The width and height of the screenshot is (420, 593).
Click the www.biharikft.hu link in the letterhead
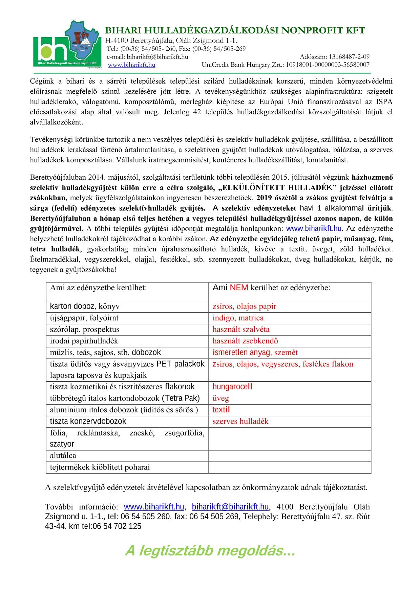[x=131, y=65]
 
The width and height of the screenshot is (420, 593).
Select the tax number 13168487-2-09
[x=349, y=56]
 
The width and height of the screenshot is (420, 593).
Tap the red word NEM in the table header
[x=239, y=288]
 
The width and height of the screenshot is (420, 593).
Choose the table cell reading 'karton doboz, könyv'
[x=85, y=306]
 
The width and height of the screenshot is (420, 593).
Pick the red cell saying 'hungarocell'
[x=232, y=387]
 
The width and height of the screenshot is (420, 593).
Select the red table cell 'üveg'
[x=221, y=398]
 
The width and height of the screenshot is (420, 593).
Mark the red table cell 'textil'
[x=221, y=410]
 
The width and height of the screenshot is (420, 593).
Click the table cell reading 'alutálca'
[x=63, y=456]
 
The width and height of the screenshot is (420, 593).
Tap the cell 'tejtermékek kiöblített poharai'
[x=100, y=467]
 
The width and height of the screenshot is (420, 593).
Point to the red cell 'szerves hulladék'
[x=240, y=421]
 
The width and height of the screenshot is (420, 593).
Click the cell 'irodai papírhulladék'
[x=84, y=341]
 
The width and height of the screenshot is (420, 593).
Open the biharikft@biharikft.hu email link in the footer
[x=230, y=507]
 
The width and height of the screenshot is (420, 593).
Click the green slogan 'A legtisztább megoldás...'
[x=210, y=551]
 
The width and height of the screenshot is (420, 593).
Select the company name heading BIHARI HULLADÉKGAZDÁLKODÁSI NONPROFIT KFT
[x=235, y=30]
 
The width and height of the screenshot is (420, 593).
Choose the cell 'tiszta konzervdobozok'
[x=88, y=421]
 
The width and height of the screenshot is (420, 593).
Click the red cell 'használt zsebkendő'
[x=245, y=341]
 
